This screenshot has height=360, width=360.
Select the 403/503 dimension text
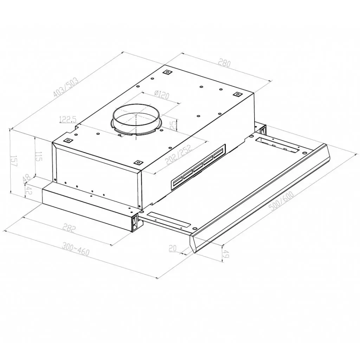pyautogui.click(x=66, y=87)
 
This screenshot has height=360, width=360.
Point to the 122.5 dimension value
pyautogui.click(x=67, y=120)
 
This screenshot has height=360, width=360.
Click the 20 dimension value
pyautogui.click(x=172, y=248)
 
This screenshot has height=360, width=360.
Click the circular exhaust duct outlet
pyautogui.click(x=136, y=119)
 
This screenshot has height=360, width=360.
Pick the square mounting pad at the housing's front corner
pyautogui.click(x=138, y=162)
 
